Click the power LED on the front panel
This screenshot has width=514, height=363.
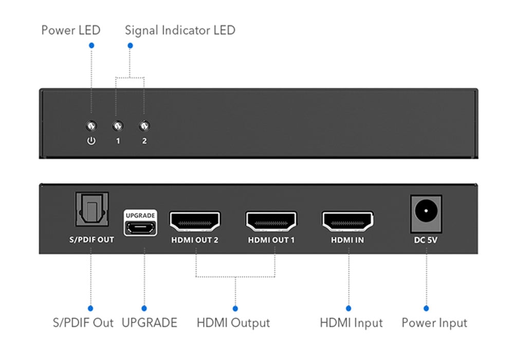tap(91, 125)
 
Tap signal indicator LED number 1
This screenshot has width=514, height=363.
tap(118, 125)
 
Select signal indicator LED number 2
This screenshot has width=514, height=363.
tap(144, 125)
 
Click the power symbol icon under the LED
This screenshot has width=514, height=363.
tap(91, 140)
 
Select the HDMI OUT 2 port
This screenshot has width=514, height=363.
tap(195, 221)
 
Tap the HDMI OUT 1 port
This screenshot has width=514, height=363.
tap(271, 221)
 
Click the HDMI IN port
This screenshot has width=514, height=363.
tap(348, 221)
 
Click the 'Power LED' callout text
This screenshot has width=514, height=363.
tap(71, 30)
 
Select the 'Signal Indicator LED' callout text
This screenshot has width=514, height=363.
tap(180, 30)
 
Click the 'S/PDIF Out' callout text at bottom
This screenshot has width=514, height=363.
tap(83, 323)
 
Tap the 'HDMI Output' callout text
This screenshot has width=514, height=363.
tap(233, 323)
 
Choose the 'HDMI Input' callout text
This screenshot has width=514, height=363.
tap(351, 323)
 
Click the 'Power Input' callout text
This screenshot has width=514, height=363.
tap(434, 323)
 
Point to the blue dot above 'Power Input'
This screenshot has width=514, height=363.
tap(426, 308)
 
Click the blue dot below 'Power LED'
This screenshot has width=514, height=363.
tap(91, 46)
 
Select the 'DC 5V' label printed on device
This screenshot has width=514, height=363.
tap(426, 240)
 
